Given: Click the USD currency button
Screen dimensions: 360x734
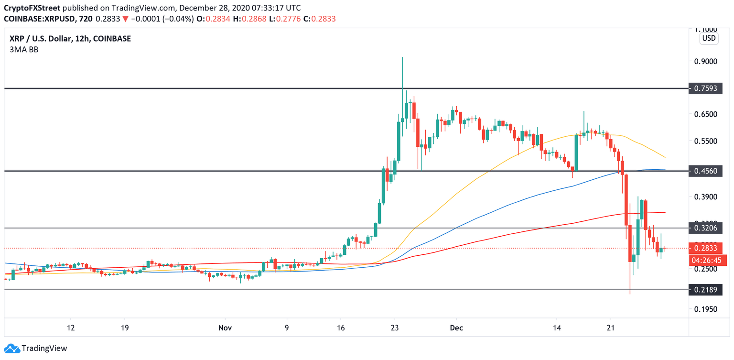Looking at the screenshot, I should coord(708,38).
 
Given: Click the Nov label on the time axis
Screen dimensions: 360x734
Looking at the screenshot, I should coord(225,328).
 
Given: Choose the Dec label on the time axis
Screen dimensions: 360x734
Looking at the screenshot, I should coord(456,328).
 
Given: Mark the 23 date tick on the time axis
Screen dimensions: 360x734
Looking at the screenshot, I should coord(394,328).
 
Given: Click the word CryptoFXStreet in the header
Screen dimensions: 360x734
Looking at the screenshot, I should coord(32,8).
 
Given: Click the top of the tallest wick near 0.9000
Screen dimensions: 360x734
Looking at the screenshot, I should coord(402,57).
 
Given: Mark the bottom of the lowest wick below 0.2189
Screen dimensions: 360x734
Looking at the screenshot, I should coord(630,294).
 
